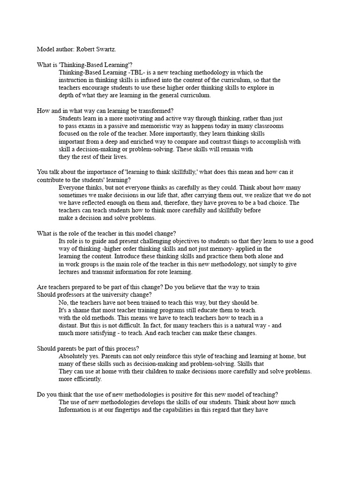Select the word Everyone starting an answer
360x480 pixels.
72,187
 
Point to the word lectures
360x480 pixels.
70,272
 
